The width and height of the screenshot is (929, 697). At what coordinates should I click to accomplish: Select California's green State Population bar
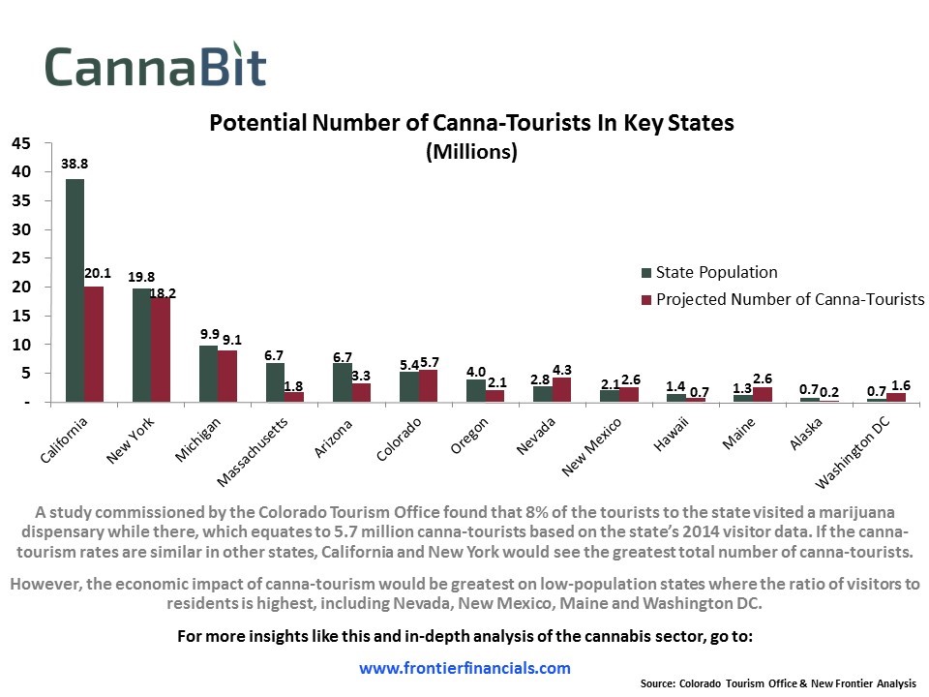click(x=75, y=289)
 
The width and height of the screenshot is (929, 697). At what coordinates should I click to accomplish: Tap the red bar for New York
click(x=161, y=349)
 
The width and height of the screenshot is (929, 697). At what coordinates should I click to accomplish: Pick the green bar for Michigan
click(x=208, y=373)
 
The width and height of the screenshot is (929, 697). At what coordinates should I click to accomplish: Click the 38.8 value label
click(x=75, y=165)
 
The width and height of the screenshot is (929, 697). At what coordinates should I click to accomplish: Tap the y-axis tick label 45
click(x=22, y=143)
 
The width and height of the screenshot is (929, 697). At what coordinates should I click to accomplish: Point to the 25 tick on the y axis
click(x=22, y=258)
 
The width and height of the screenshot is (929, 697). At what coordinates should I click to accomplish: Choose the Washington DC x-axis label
click(x=852, y=455)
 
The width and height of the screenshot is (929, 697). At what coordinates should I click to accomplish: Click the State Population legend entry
click(x=716, y=273)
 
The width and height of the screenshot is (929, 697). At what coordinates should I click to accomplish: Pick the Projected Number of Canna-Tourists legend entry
click(x=790, y=299)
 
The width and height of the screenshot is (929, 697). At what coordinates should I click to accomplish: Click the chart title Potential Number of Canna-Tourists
click(x=472, y=124)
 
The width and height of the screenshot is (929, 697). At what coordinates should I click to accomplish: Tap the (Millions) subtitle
click(x=472, y=152)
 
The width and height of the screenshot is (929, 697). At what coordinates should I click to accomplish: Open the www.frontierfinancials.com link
click(x=464, y=668)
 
